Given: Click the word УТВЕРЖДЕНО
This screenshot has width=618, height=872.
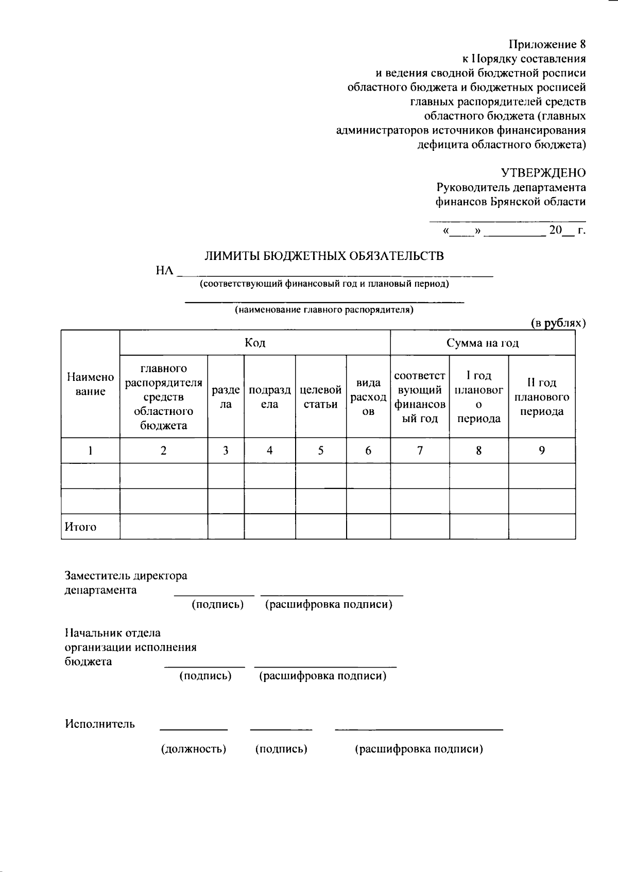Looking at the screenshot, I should [543, 172].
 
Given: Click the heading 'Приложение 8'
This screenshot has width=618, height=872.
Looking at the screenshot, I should [547, 44].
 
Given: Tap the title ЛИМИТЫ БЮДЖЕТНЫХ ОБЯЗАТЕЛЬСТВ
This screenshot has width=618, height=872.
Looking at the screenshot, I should [324, 256].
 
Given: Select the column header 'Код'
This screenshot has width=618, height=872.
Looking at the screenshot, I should [255, 343].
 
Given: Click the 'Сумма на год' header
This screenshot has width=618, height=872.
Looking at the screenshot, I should [483, 343].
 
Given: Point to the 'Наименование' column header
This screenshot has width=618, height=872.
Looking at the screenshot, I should [90, 384].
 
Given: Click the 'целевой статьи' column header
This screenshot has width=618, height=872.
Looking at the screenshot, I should [320, 397].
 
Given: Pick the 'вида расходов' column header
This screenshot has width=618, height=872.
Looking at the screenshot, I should [368, 397].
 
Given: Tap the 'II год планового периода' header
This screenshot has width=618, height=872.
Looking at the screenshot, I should [541, 397].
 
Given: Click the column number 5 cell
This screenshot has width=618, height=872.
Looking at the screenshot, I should [320, 450].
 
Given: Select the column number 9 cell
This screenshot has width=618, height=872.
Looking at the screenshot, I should [541, 450].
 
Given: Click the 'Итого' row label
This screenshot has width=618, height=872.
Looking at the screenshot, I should [80, 527].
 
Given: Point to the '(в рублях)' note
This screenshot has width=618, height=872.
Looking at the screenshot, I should [558, 323].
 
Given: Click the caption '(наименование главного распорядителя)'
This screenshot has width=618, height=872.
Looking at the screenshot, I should [324, 310].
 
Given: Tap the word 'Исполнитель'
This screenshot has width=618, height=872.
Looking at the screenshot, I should [100, 724].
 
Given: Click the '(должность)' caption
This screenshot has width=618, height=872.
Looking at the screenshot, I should [194, 748].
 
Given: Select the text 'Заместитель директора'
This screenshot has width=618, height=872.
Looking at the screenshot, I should [126, 575].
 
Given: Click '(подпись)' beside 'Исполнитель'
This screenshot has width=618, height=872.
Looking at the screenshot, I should [281, 748].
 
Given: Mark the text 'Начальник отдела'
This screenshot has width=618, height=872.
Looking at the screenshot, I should [112, 633].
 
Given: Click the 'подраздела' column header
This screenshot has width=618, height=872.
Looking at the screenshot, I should [269, 397].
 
